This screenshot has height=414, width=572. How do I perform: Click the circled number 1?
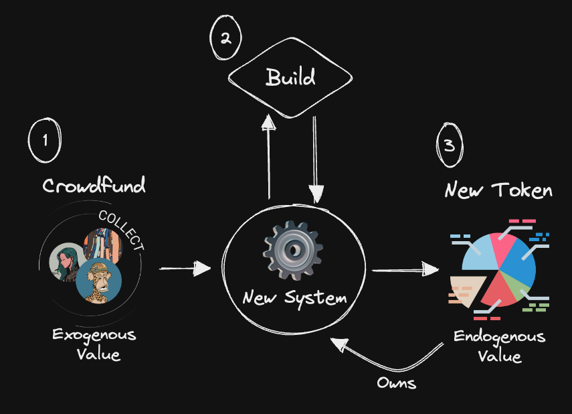45,140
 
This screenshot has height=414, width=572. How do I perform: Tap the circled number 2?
225,38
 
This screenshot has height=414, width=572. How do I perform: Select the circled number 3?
450,145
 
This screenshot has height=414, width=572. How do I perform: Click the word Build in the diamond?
290,77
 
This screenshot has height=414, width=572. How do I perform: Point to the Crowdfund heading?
94,185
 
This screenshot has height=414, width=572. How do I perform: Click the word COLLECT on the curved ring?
122,230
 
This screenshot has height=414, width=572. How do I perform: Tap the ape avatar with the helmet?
98,281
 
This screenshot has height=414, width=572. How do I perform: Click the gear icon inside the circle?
292,250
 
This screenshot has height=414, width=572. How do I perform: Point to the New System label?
295,297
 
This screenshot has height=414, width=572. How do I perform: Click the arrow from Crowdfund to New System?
185,269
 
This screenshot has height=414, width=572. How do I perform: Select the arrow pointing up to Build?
269,156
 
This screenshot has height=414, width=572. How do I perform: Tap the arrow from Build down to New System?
315,159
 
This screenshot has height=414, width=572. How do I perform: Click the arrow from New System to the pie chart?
405,270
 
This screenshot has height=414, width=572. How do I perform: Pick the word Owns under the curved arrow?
397,383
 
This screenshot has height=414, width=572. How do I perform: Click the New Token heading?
498,190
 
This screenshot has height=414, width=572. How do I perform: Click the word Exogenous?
94,335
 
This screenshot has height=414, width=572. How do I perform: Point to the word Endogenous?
499,337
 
